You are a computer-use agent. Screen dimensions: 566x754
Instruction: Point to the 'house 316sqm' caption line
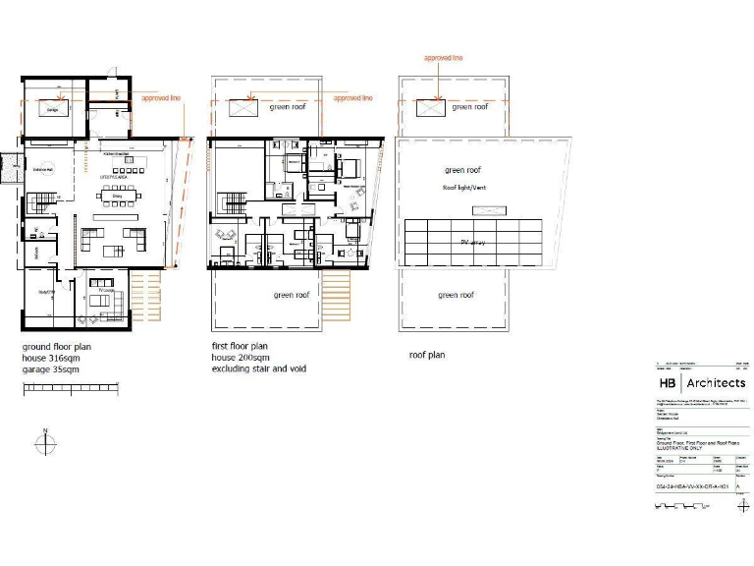(x=51, y=359)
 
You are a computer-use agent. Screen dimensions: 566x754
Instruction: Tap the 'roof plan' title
(x=427, y=355)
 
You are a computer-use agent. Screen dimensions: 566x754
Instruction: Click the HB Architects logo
(x=701, y=382)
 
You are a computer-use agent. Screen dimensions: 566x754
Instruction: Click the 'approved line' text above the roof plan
(x=443, y=59)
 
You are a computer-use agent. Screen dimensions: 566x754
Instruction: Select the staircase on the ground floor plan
(x=40, y=202)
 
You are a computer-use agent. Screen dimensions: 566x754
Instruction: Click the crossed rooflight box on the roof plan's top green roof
(x=428, y=109)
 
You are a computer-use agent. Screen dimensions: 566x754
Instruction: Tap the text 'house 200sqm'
(x=242, y=359)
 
